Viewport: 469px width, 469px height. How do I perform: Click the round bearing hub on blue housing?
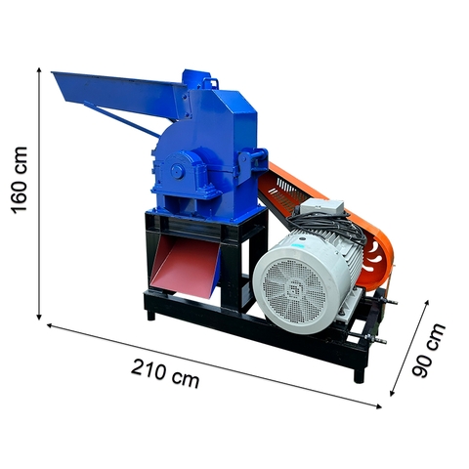[x=178, y=171]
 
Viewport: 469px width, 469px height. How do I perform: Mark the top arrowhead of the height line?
[x=39, y=69]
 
